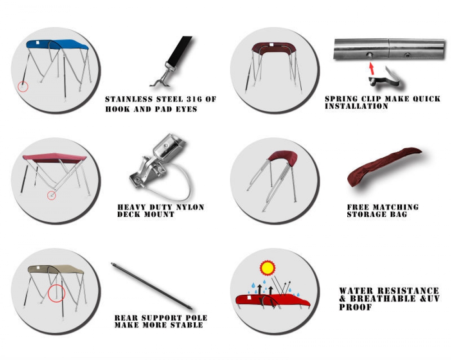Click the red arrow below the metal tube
click(372, 69)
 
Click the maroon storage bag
click(384, 166)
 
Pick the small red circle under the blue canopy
click(23, 87)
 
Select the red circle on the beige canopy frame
click(56, 293)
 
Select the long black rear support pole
click(152, 286)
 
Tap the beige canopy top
click(55, 269)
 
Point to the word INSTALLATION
click(357, 106)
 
